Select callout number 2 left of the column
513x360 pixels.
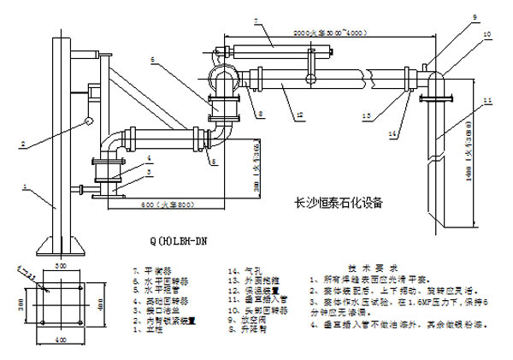[x=24, y=142]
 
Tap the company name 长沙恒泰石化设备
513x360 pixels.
[x=337, y=204]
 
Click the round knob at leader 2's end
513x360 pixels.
[x=86, y=123]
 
